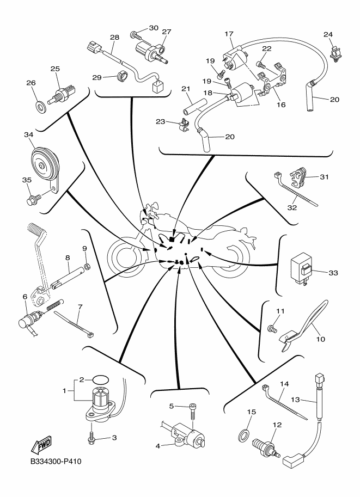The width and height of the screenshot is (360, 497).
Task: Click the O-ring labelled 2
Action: point(99,379)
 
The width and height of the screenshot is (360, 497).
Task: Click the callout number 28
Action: point(114,38)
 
